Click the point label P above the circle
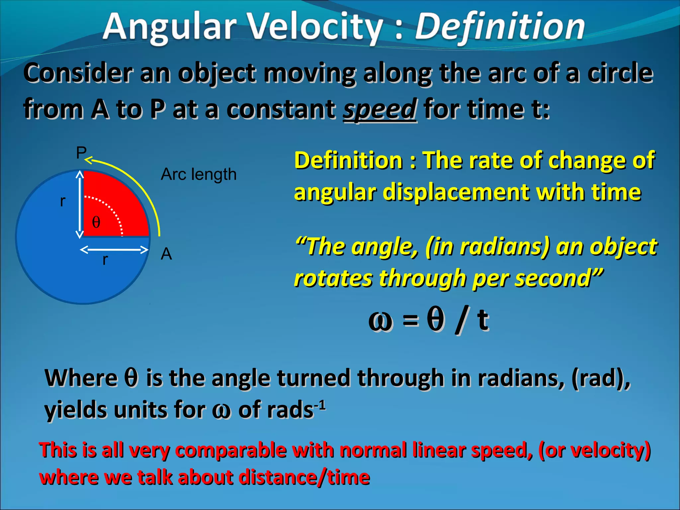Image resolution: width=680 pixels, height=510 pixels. [x=81, y=153]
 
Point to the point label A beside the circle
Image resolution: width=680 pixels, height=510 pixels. [x=166, y=254]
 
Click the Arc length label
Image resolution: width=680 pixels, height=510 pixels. [x=199, y=175]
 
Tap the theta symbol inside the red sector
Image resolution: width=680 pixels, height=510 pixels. [x=96, y=222]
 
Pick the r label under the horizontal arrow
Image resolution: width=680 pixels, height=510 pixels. [x=105, y=260]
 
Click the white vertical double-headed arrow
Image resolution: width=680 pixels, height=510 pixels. [x=80, y=204]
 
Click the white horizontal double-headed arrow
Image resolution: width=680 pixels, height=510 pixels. [x=114, y=250]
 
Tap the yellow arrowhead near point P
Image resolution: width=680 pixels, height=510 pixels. [x=88, y=160]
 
